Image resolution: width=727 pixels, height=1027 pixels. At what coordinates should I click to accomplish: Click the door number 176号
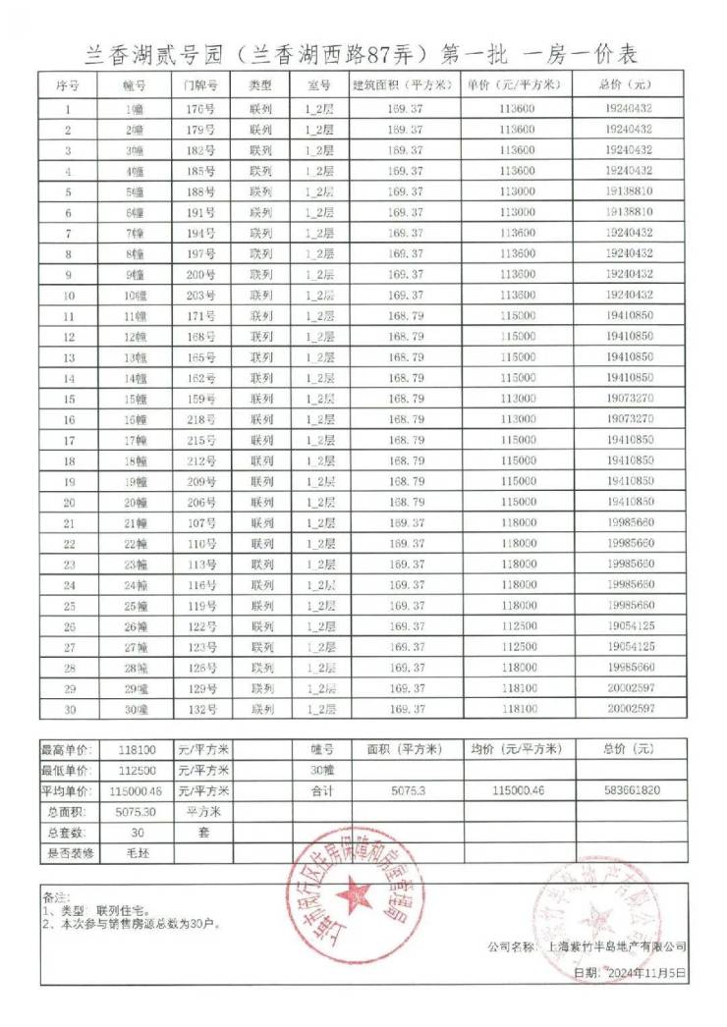(199, 109)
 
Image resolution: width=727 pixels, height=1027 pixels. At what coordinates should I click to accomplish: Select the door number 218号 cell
(199, 419)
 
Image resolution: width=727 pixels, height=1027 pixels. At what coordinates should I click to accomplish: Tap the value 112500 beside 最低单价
(137, 770)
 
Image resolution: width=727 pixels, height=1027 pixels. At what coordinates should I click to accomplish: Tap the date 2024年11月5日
(643, 972)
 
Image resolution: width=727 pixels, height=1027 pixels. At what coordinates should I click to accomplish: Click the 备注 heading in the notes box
(57, 897)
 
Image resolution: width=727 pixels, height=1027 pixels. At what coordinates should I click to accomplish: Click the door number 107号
(199, 522)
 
